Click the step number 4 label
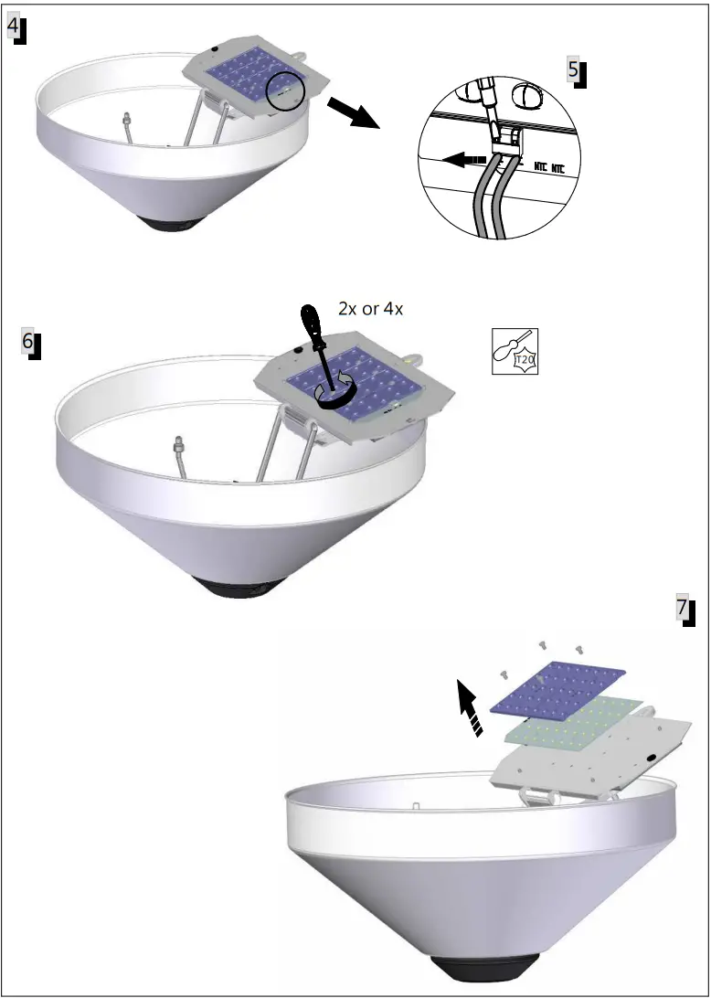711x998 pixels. pos(16,28)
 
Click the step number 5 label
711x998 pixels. pos(575,71)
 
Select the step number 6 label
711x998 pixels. pos(30,343)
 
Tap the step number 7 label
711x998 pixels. pos(684,610)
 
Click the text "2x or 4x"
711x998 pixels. pos(370,309)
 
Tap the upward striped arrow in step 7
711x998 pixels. pos(470,710)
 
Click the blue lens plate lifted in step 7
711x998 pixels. pos(558,691)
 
